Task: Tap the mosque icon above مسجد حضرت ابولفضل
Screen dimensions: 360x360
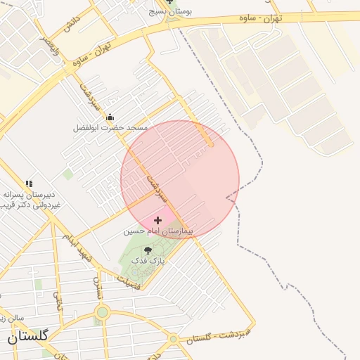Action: point(110,117)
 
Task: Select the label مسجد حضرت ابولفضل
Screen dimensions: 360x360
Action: point(111,128)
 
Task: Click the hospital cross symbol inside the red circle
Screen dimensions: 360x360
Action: point(158,220)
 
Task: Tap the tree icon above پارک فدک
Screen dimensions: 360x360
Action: point(148,250)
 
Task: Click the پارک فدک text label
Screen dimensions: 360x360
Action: point(148,260)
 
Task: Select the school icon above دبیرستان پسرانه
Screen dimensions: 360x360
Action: point(29,184)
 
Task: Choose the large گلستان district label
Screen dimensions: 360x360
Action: point(28,337)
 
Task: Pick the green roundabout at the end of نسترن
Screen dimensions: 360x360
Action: point(103,312)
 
